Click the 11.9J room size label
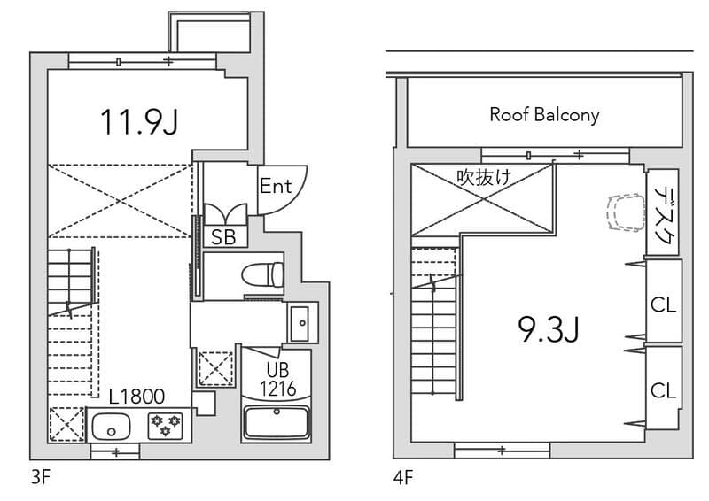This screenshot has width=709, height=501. [x=139, y=122]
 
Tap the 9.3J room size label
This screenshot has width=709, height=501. [x=549, y=329]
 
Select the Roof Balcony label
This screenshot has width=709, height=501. [x=544, y=115]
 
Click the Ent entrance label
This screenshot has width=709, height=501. [x=276, y=186]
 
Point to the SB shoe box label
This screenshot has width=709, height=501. [x=223, y=237]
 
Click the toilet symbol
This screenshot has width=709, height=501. [x=262, y=274]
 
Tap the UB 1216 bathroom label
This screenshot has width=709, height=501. [x=277, y=380]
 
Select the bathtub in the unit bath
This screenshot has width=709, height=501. [x=277, y=422]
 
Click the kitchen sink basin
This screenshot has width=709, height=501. [x=111, y=427]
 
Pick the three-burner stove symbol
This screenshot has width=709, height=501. [x=166, y=426]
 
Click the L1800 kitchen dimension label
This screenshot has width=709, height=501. [x=136, y=397]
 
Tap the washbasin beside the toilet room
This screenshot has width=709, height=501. [x=299, y=323]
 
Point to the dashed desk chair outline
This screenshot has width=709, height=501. [x=626, y=212]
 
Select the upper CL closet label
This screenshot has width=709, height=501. [x=663, y=304]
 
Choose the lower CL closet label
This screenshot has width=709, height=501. [x=663, y=390]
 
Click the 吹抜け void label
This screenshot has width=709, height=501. [x=484, y=177]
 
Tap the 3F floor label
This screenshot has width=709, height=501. [x=41, y=477]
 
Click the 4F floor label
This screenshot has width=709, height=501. [x=403, y=477]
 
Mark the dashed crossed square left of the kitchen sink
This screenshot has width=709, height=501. [x=66, y=424]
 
